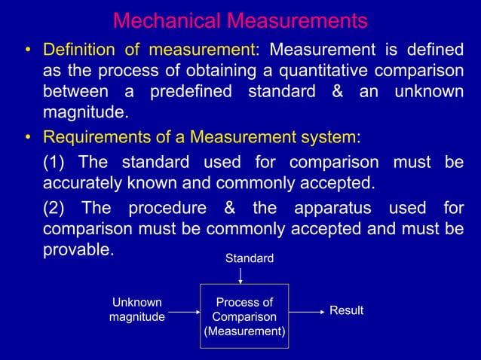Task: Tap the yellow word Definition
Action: tap(78, 51)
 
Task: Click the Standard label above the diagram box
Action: tap(250, 259)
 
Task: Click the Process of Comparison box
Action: tap(244, 317)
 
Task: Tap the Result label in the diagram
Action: tap(347, 311)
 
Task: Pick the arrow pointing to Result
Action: tap(305, 311)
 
